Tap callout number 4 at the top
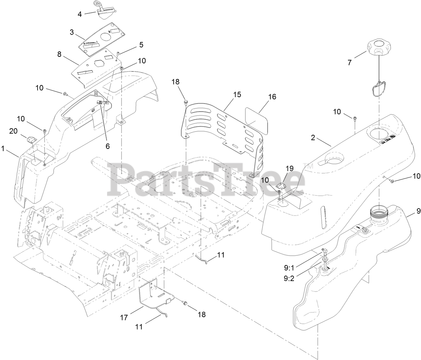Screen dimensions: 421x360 (80, 14)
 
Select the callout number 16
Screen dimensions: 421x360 (272, 97)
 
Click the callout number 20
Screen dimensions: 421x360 (13, 131)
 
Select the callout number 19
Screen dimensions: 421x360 (289, 168)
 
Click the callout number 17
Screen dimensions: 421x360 (124, 317)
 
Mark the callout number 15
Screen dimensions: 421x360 (237, 94)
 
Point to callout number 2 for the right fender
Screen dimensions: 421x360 (313, 137)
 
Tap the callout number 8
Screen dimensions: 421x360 (59, 54)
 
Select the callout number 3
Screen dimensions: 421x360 (72, 32)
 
